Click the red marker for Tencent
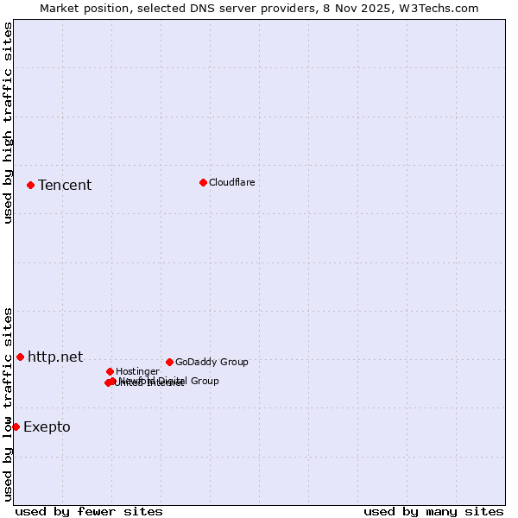coord(30,185)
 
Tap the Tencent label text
coord(65,186)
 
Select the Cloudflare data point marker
coord(203,182)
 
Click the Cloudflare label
coord(232,182)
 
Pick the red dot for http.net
coord(20,357)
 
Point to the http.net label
coord(55,357)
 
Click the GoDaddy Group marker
coord(169,362)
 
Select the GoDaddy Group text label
coord(212,362)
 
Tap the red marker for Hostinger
coord(110,371)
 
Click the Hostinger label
coord(137,371)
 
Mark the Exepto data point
coord(16,426)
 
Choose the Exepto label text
coord(47,427)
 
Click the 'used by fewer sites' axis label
coord(89,511)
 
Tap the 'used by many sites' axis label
coord(433,511)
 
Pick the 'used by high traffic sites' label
coord(8,123)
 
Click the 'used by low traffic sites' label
coord(8,404)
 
